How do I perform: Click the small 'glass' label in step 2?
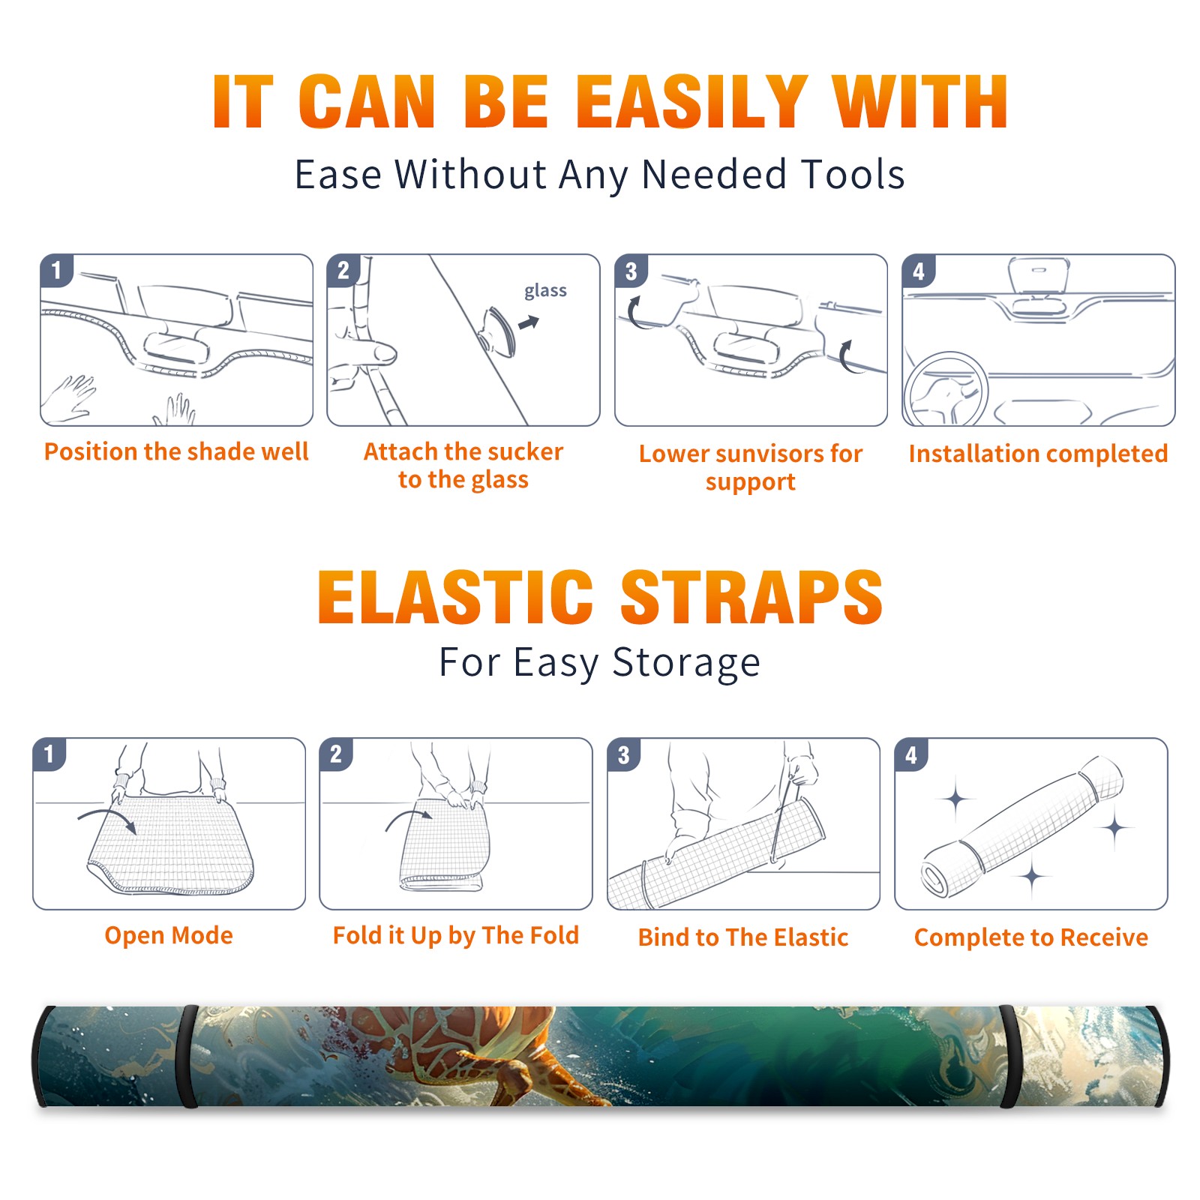pos(545,291)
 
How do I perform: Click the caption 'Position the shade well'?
pos(176,451)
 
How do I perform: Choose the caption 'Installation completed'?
pos(1038,454)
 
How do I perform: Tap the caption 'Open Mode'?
pos(169,935)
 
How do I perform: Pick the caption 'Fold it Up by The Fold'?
pos(456,935)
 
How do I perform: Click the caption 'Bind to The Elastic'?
pos(743,937)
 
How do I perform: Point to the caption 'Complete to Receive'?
pos(1031,937)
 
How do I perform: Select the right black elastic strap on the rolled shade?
pos(1009,1056)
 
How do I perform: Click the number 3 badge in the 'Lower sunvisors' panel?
pos(631,271)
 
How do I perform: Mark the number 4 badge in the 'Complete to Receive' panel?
pos(911,754)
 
